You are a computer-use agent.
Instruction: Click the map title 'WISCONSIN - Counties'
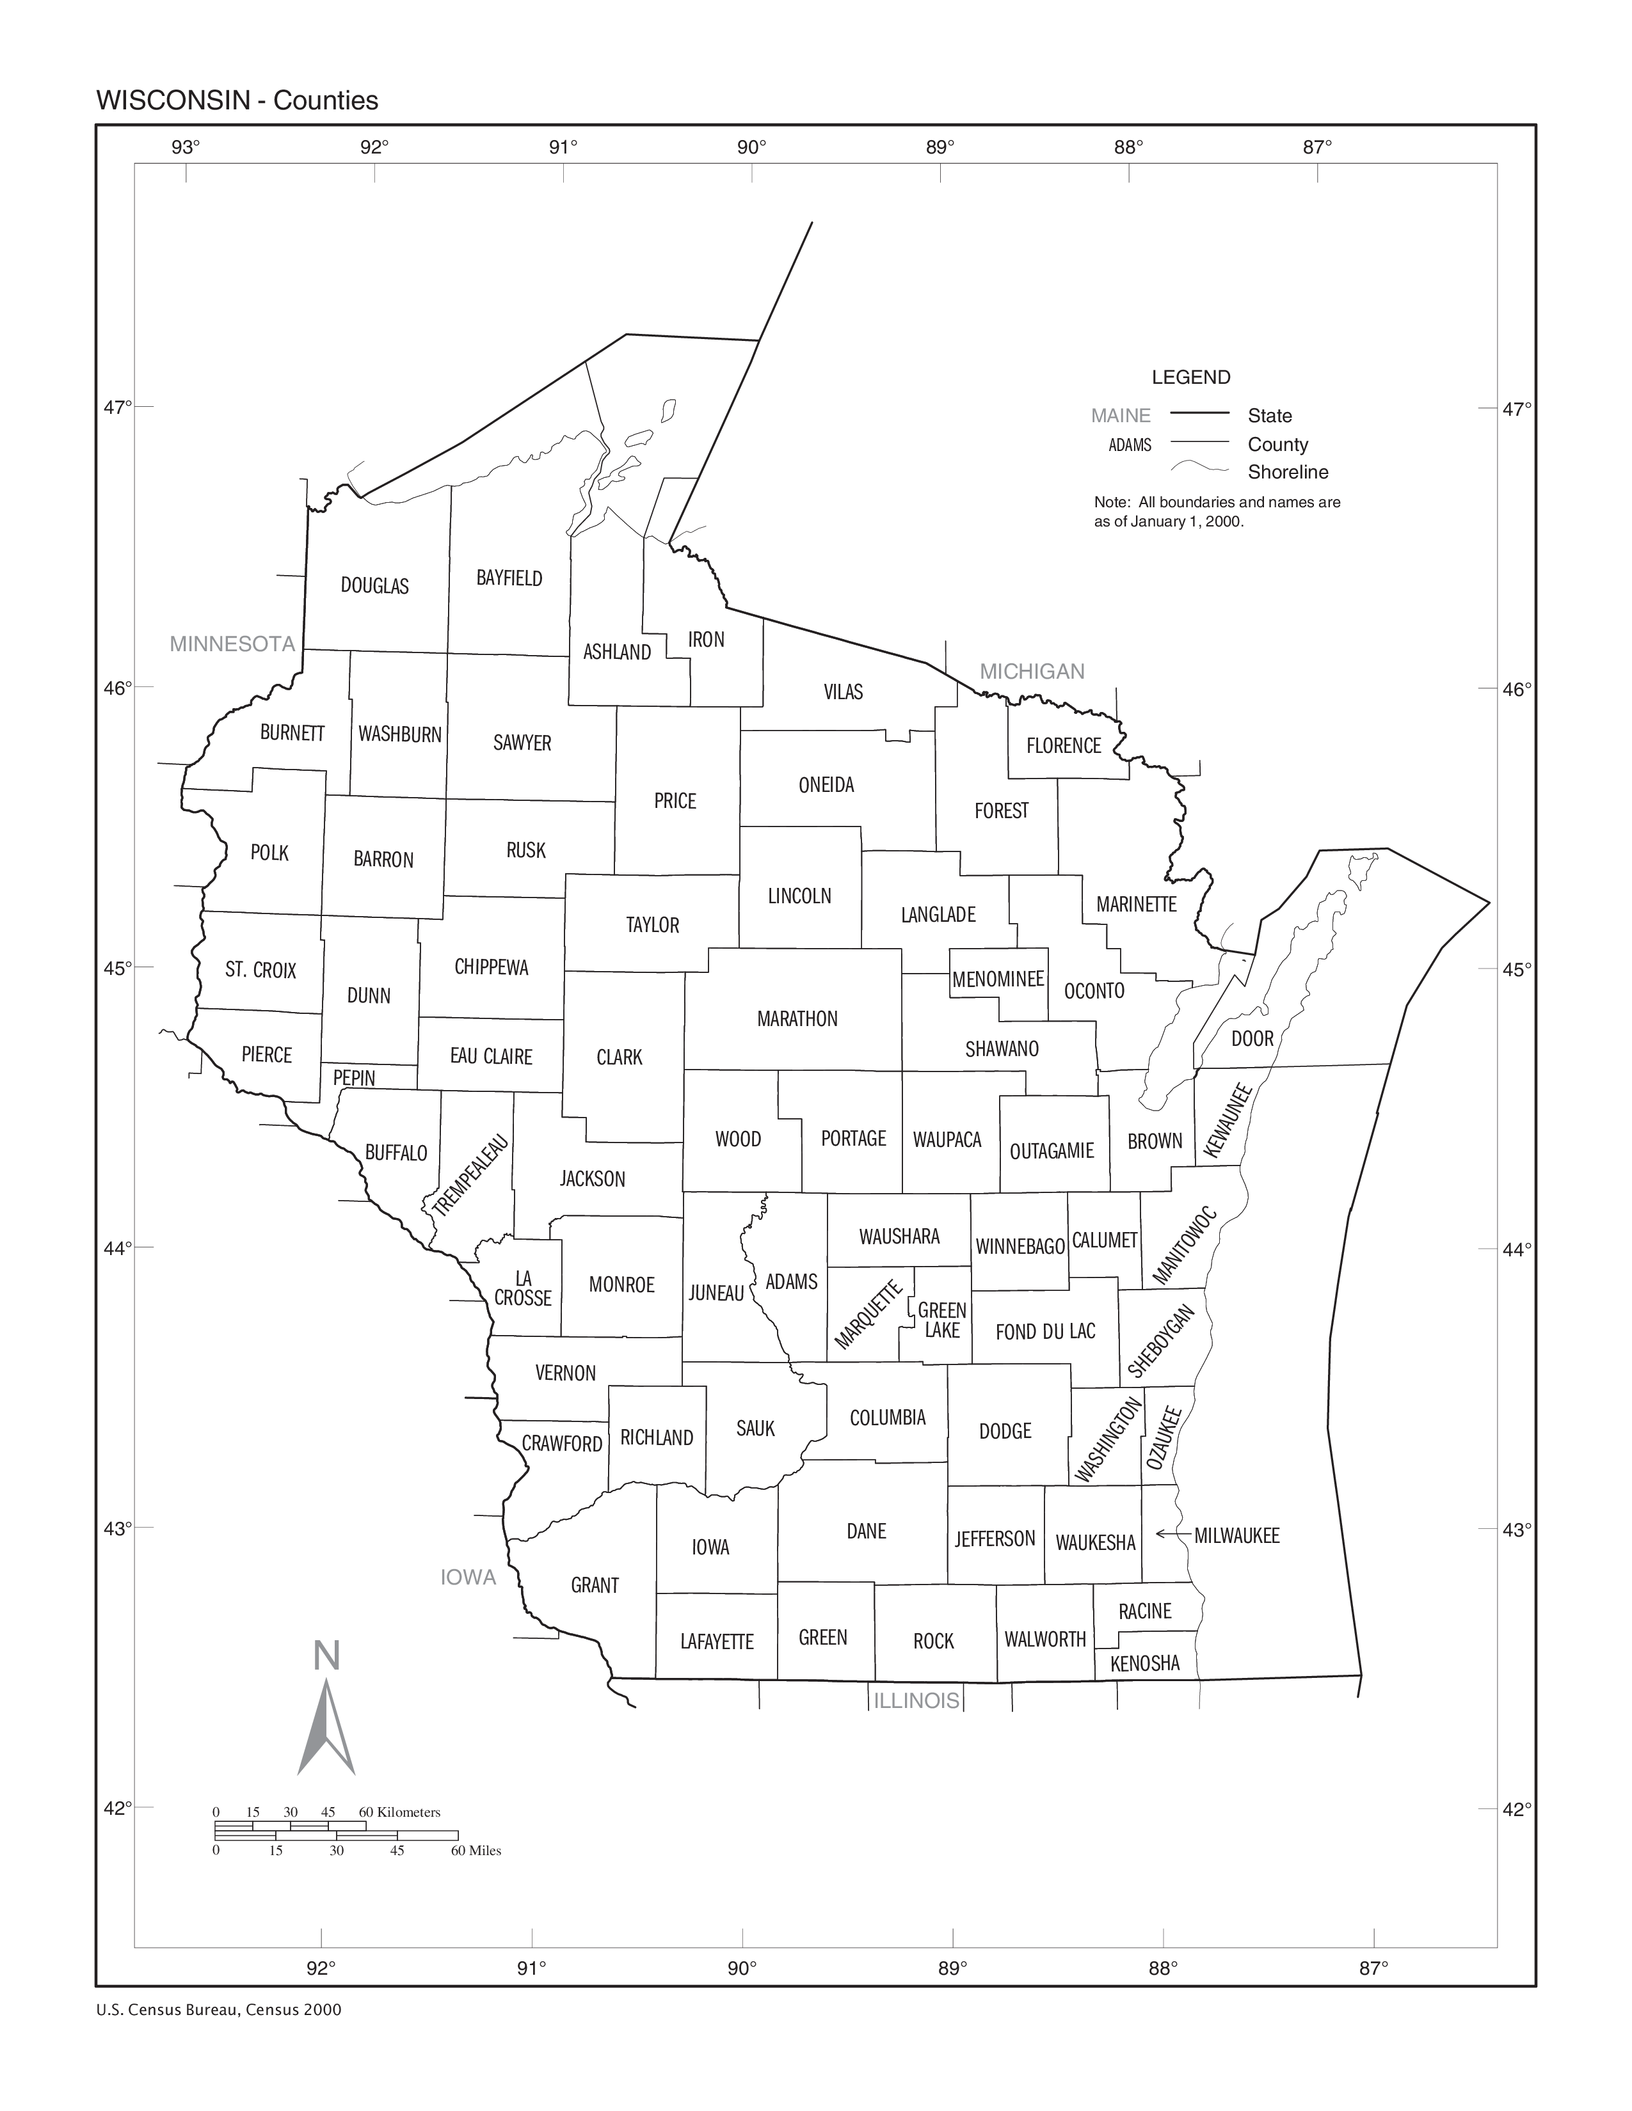(x=237, y=100)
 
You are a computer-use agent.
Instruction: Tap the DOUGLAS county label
(x=375, y=586)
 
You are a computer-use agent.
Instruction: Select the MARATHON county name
(x=797, y=1019)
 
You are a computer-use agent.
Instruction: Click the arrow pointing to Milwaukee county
(x=1172, y=1535)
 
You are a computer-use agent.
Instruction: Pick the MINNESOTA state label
(x=232, y=645)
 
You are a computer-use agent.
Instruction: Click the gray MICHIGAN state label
(x=1032, y=672)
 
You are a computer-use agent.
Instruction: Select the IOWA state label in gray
(x=468, y=1577)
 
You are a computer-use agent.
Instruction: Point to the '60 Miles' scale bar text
(x=476, y=1851)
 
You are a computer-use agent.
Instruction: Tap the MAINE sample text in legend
(x=1121, y=416)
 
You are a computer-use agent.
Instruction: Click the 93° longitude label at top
(x=186, y=147)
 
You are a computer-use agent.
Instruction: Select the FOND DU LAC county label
(x=1045, y=1332)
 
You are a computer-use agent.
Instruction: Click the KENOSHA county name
(x=1145, y=1663)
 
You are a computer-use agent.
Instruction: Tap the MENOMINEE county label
(x=998, y=979)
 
